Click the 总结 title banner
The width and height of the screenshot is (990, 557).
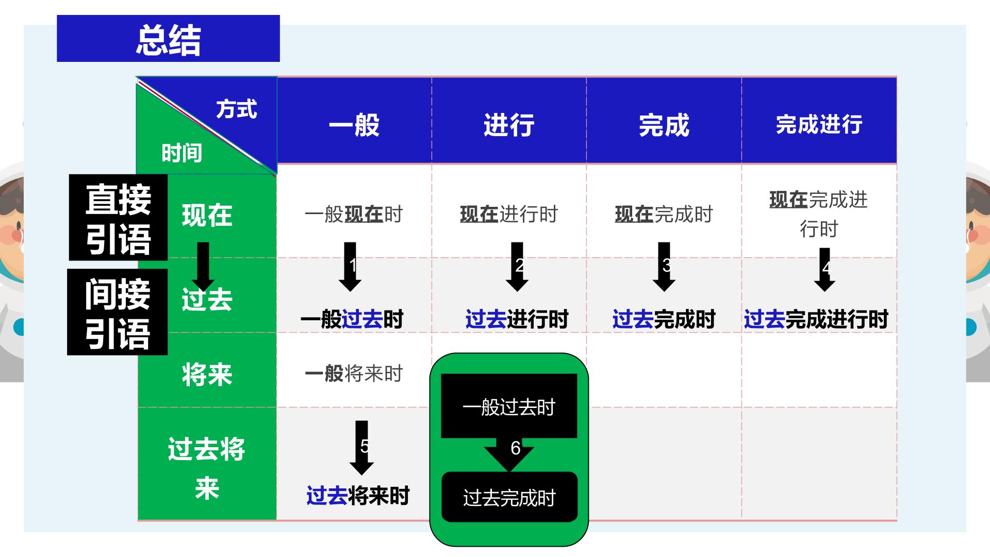(168, 39)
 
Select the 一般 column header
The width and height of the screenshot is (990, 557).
(354, 125)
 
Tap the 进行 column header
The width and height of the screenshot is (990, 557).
(509, 125)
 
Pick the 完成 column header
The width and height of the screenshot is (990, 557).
(664, 125)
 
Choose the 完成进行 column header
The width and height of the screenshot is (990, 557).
(819, 124)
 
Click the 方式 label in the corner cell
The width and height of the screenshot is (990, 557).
(237, 109)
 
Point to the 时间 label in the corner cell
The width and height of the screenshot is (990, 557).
(182, 153)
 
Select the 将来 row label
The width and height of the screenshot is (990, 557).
(207, 374)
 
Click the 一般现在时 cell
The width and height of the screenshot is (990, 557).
(354, 214)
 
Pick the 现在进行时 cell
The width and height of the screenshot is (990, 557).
(509, 214)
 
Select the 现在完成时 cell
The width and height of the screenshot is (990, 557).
(664, 214)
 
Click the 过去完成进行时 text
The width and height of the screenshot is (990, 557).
(816, 319)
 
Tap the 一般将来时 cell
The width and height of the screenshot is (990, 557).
(354, 373)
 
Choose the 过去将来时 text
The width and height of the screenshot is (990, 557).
(358, 496)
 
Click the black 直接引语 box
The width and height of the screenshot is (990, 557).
(118, 217)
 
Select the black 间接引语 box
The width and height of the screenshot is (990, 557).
(118, 312)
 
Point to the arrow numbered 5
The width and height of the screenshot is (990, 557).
(361, 448)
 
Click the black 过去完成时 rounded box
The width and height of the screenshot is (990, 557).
(509, 497)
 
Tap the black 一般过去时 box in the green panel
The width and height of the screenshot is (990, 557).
(509, 406)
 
